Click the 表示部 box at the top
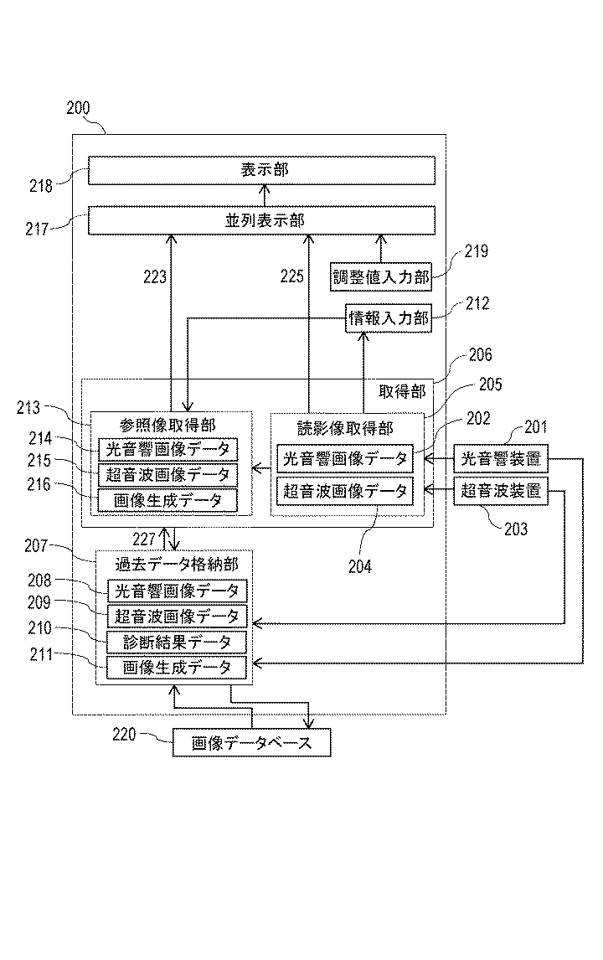261,170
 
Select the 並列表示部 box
261,220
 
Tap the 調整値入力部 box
381,277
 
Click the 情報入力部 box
388,318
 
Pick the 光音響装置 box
501,458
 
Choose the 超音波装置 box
501,491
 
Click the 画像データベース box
251,743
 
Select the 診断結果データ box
177,643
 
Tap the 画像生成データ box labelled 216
167,501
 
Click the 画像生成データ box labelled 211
177,668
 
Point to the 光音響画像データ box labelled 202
345,458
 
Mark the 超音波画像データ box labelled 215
167,475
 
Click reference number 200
79,108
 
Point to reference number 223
155,277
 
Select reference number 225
292,276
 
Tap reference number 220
124,734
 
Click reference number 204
360,566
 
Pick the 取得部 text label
402,392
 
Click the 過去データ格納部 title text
177,564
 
